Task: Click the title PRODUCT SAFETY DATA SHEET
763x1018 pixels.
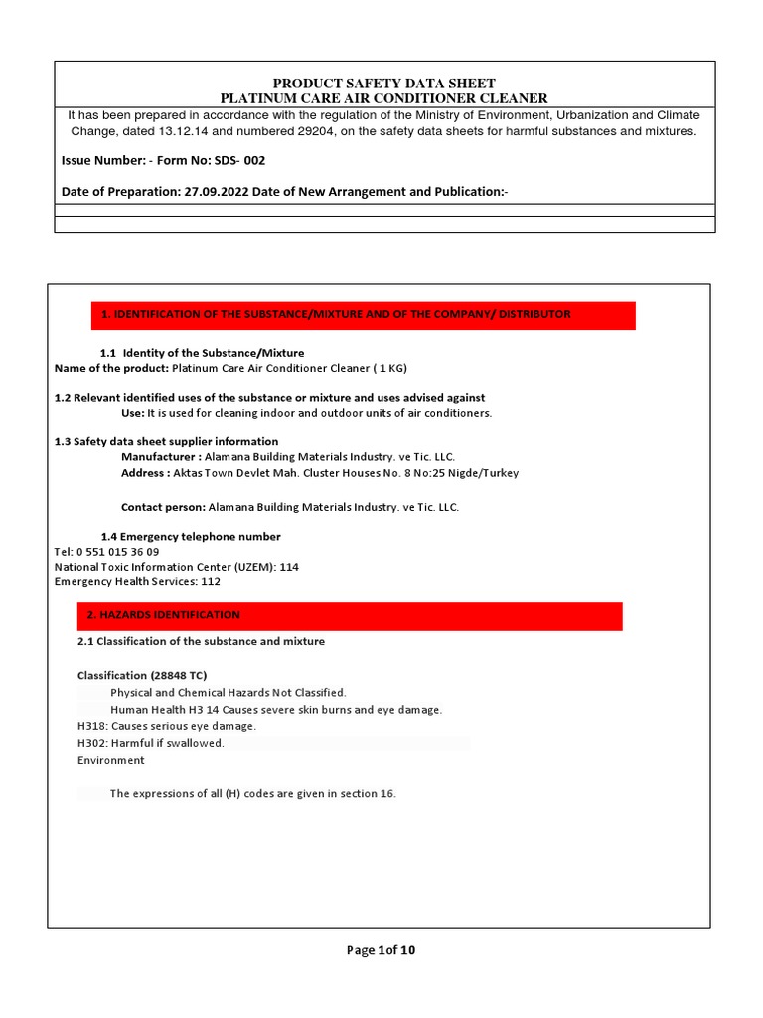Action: coord(383,83)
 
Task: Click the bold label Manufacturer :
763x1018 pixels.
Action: coord(160,457)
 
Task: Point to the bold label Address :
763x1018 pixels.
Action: coord(145,473)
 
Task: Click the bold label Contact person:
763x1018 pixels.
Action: coord(163,507)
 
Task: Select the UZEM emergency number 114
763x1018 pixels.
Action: coord(289,567)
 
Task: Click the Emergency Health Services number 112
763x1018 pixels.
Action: coord(211,582)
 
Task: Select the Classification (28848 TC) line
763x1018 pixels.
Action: coord(142,676)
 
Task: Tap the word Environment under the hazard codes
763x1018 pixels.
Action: coord(110,760)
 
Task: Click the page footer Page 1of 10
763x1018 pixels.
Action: coord(381,950)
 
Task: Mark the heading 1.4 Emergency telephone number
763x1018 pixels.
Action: coord(191,537)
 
